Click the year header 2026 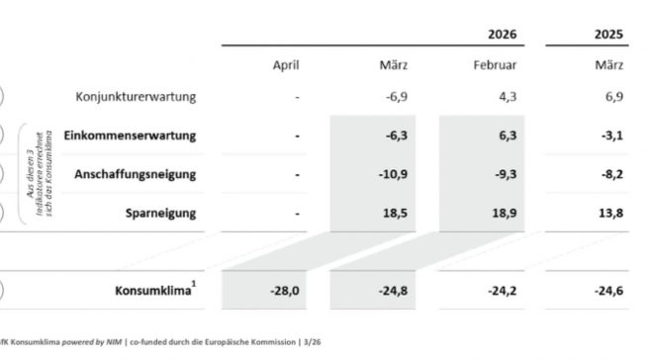click(x=502, y=34)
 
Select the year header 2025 click(x=608, y=34)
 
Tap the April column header click(x=286, y=65)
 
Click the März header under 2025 click(x=608, y=65)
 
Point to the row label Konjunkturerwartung click(x=136, y=96)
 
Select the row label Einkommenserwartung click(x=129, y=135)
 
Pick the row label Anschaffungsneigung click(x=135, y=173)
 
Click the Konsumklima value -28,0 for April click(x=284, y=292)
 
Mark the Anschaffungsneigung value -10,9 click(x=393, y=174)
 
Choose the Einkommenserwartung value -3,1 click(x=607, y=135)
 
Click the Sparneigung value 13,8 click(x=607, y=213)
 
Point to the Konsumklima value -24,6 click(x=605, y=292)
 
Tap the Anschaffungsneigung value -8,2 click(x=607, y=174)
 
